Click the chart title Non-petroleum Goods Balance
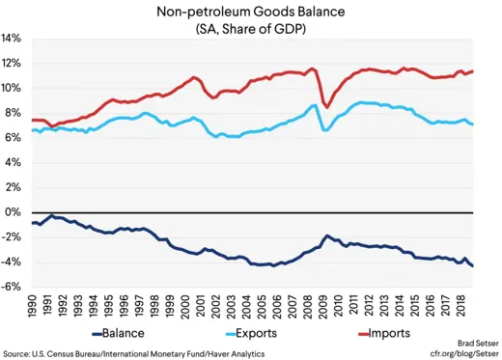pyautogui.click(x=251, y=12)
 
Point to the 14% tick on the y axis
pyautogui.click(x=13, y=39)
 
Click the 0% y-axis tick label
pyautogui.click(x=15, y=212)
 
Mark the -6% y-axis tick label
pyautogui.click(x=14, y=287)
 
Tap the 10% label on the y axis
pyautogui.click(x=13, y=88)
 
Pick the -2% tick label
pyautogui.click(x=14, y=237)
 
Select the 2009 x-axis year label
pyautogui.click(x=323, y=307)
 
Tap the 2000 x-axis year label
pyautogui.click(x=187, y=307)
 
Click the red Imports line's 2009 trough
pyautogui.click(x=326, y=106)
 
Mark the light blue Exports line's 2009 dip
pyautogui.click(x=325, y=129)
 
